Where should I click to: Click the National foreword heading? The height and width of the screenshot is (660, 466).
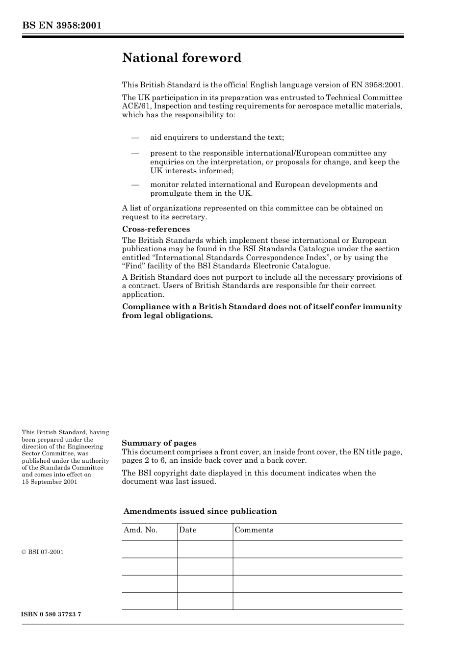181,58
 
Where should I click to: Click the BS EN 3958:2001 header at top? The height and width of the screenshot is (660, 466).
61,26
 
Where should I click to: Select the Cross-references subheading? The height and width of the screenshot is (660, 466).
155,229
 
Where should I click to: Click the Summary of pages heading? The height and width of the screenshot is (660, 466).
159,443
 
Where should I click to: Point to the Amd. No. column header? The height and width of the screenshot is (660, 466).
140,530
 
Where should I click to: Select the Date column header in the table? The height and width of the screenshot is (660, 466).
187,530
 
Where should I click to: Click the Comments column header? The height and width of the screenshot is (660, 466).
254,530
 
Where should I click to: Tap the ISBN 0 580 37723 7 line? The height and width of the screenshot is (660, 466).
51,614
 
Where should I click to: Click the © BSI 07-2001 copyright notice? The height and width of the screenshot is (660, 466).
43,552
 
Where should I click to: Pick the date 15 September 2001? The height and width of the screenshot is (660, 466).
50,482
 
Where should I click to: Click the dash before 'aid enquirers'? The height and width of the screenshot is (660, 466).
135,138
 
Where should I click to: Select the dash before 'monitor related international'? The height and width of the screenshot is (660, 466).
135,185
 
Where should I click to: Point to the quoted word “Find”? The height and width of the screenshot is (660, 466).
132,266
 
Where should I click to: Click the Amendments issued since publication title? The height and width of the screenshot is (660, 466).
200,511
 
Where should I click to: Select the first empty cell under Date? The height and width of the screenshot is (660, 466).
205,549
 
